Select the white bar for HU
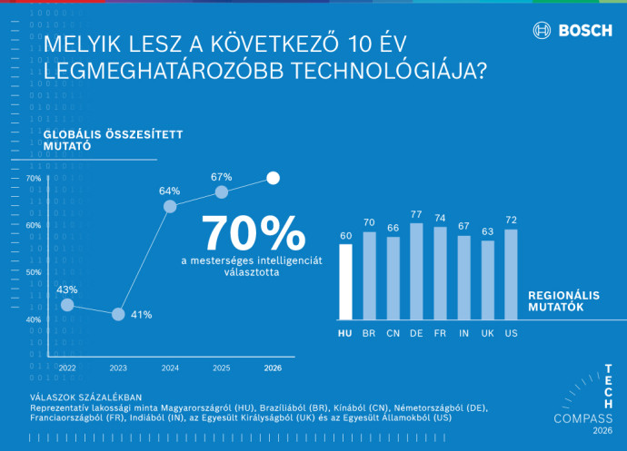[345, 281]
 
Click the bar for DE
[416, 270]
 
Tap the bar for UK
[488, 279]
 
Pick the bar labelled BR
[369, 275]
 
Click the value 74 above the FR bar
[440, 218]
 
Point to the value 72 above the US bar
[511, 221]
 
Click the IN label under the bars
[463, 334]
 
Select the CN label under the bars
[393, 334]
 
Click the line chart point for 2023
[118, 314]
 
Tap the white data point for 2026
[274, 178]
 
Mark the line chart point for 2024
[170, 207]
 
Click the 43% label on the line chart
[67, 289]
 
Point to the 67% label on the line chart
[222, 177]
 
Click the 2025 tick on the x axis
[222, 368]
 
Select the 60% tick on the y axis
[33, 225]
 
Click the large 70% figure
[254, 233]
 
